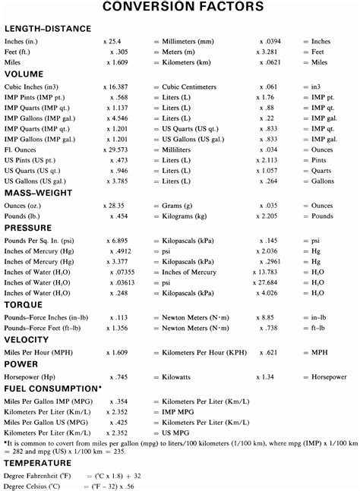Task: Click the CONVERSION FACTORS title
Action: [x=179, y=8]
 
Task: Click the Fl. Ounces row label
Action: [x=24, y=171]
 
